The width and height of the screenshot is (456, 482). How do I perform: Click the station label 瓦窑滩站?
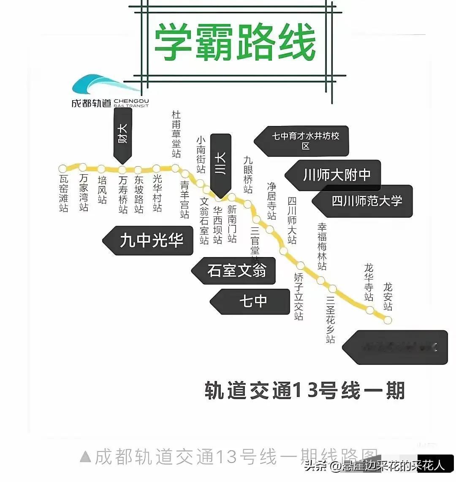[x=63, y=193]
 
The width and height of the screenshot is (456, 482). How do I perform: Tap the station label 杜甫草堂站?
[x=176, y=134]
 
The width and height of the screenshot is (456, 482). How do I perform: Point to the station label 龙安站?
[x=388, y=297]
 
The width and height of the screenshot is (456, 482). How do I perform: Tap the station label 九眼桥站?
[x=248, y=174]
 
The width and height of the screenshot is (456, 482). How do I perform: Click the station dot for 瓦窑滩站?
[x=63, y=168]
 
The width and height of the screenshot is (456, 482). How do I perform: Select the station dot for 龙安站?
[x=388, y=320]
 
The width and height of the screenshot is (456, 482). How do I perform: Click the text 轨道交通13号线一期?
[x=304, y=390]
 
